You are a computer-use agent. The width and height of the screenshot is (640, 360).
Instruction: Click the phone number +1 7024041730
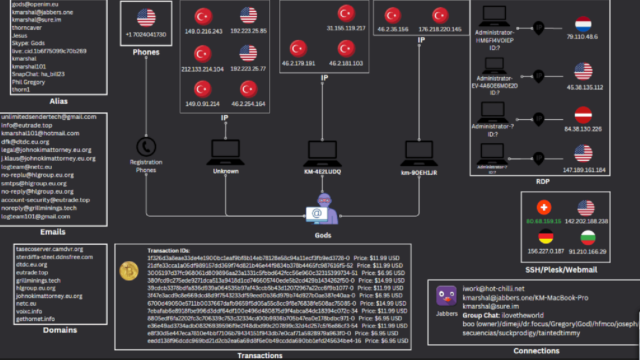(146, 34)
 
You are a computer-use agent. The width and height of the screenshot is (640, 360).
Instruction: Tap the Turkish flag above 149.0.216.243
(203, 17)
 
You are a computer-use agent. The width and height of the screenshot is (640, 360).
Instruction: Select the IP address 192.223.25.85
(249, 31)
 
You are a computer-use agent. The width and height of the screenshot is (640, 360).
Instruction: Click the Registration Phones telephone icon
(146, 147)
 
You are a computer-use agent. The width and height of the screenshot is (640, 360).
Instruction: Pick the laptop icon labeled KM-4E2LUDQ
(322, 153)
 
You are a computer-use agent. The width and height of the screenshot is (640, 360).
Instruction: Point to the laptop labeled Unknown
(226, 152)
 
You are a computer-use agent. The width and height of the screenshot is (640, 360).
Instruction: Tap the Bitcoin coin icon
(129, 271)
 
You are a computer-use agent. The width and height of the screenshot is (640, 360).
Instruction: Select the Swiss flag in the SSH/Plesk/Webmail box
(544, 207)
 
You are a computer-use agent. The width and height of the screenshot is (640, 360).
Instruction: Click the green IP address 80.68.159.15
(544, 221)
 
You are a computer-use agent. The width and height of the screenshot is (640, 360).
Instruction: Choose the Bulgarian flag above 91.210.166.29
(588, 238)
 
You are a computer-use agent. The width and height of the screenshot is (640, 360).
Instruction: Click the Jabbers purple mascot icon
(446, 296)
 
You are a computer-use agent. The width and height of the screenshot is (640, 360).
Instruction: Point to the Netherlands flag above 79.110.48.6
(583, 24)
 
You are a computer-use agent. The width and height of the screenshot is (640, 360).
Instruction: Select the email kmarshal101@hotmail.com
(40, 133)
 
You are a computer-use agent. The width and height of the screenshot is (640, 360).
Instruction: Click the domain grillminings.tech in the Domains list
(38, 280)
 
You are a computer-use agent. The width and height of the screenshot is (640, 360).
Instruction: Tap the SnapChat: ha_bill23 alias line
(38, 74)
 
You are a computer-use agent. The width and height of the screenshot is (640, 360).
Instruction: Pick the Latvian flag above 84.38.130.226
(583, 115)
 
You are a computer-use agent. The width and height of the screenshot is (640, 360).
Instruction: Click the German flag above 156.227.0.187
(545, 237)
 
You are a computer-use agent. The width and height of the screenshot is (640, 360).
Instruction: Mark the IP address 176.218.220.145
(440, 29)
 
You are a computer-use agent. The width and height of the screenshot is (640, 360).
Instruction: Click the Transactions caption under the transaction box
(260, 355)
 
